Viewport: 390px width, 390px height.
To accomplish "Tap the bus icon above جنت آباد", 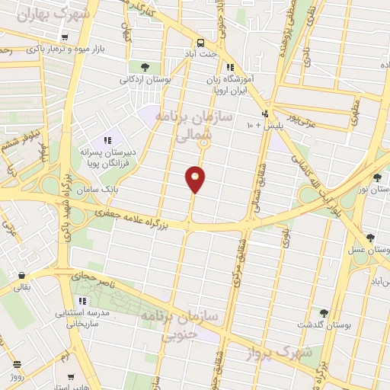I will click(x=200, y=43).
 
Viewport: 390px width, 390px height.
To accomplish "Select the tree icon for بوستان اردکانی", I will click(x=145, y=67).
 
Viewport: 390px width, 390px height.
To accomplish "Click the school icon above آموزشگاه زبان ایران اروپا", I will click(x=229, y=67).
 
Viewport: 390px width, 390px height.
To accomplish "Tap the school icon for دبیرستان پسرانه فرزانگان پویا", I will click(x=108, y=139).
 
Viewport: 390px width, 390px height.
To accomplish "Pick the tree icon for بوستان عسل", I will click(x=371, y=238).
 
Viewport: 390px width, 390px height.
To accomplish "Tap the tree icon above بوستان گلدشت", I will click(x=324, y=312).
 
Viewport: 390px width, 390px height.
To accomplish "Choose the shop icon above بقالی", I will click(x=21, y=276).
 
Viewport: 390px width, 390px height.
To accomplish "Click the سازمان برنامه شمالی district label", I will click(x=184, y=126).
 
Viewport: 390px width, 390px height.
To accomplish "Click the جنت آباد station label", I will click(x=200, y=54).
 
